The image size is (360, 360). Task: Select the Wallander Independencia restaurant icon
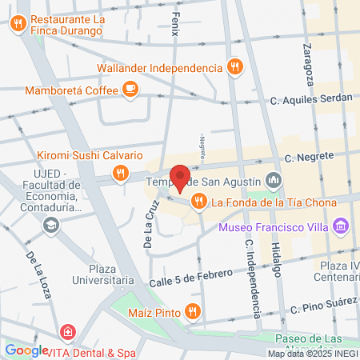point(234,67)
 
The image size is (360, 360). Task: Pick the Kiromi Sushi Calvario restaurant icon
point(120,171)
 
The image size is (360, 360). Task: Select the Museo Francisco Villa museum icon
point(342,227)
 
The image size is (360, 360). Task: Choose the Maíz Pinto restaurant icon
point(192,310)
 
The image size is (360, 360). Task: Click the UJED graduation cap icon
point(52,225)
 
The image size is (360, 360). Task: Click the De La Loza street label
point(39,274)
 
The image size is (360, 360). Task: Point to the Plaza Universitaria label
point(122,274)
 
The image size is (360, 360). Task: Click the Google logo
point(26,350)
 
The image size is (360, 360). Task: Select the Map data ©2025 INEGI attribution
point(313,353)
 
